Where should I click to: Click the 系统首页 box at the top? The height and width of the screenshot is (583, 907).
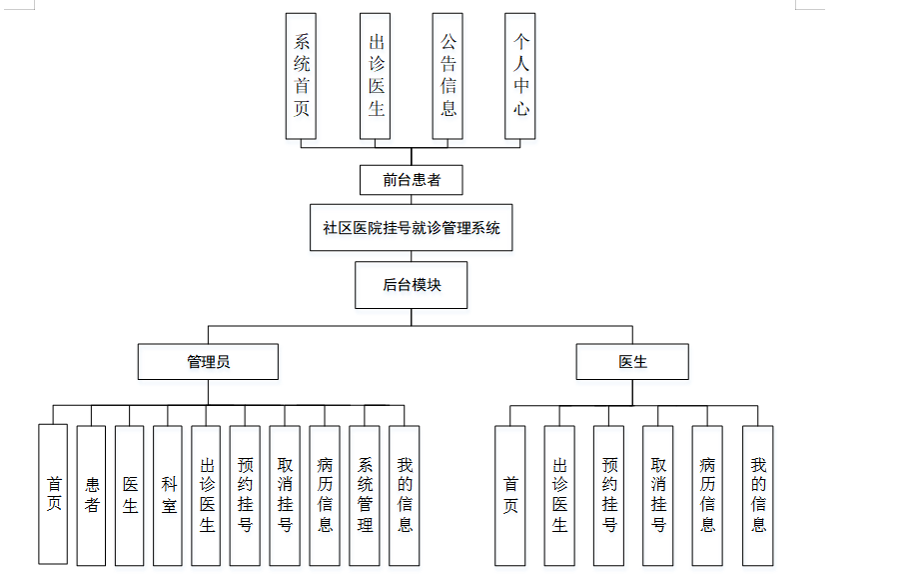(x=302, y=76)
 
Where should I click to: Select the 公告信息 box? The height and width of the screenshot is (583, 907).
(x=448, y=76)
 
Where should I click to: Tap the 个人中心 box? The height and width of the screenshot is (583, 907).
(x=520, y=76)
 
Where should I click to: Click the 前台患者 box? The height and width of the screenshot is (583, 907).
(x=411, y=180)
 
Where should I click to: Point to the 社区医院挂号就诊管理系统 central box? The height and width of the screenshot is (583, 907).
(x=411, y=228)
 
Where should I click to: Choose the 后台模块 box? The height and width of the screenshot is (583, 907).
(x=411, y=285)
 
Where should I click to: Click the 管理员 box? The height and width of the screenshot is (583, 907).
(x=208, y=362)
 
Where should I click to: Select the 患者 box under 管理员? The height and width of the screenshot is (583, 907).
(x=92, y=494)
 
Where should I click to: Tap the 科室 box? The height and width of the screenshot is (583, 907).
(x=169, y=494)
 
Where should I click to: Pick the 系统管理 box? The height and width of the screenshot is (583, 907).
(x=365, y=494)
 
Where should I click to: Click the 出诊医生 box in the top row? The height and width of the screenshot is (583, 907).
(x=376, y=76)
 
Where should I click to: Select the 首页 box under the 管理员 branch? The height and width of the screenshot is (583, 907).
(x=53, y=494)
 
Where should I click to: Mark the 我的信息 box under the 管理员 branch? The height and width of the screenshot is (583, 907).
(x=404, y=494)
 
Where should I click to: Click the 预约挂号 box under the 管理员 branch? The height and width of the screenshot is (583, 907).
(x=245, y=494)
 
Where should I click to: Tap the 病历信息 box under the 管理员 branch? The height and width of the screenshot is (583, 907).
(x=325, y=494)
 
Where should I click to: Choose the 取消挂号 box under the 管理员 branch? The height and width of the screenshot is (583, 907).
(x=285, y=494)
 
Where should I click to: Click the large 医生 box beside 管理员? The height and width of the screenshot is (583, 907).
(x=632, y=362)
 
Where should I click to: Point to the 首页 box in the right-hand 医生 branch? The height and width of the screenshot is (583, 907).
(x=510, y=494)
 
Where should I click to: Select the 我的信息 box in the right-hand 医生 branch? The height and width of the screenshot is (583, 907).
(x=757, y=494)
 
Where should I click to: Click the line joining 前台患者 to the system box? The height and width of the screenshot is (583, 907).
(x=411, y=200)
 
